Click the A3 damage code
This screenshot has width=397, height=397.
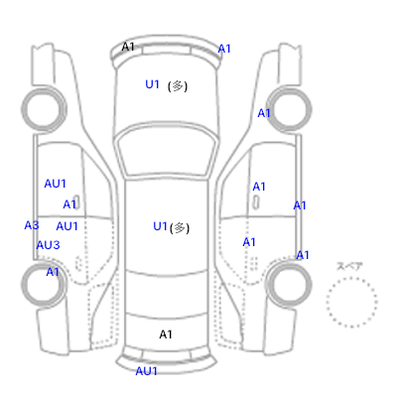pos(32,225)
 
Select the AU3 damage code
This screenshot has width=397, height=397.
pos(48,245)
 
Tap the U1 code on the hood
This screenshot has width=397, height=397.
pos(152,84)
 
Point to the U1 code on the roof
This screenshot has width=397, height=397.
pos(160,226)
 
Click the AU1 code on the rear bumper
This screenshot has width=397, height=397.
pos(146,371)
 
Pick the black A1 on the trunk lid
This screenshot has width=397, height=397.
pos(166,334)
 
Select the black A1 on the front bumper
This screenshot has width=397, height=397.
pos(128,47)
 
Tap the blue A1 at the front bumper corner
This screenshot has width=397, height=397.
pos(224,49)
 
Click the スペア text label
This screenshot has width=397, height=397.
pos(349,266)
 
